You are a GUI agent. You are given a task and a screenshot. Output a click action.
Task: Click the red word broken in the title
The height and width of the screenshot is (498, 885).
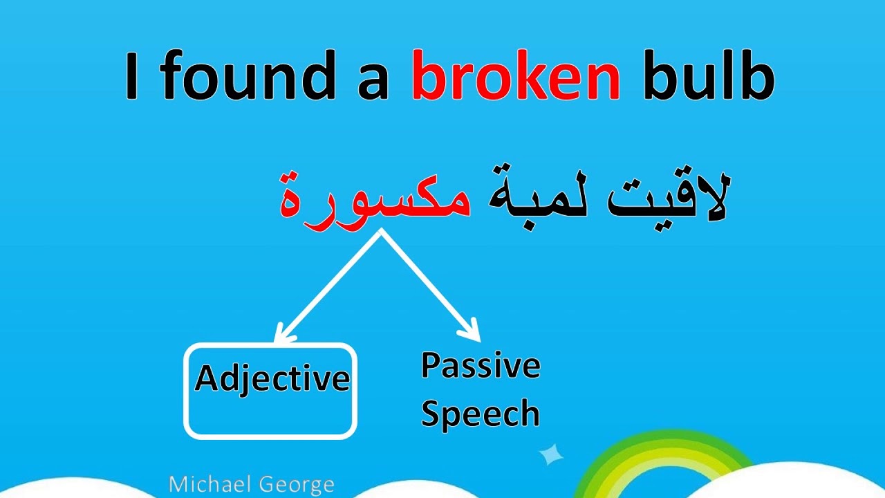[x=516, y=78]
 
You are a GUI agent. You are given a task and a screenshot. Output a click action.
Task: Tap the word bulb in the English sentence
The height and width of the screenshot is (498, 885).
[x=709, y=78]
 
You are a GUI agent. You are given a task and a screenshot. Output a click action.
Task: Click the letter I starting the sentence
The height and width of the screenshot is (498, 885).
[x=132, y=78]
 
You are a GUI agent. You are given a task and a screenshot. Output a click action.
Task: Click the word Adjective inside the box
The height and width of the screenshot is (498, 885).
[x=272, y=379]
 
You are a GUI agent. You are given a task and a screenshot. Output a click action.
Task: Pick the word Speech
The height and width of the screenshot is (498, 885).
[x=481, y=414]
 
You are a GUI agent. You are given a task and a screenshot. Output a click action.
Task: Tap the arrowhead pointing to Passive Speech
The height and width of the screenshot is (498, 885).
[x=472, y=331]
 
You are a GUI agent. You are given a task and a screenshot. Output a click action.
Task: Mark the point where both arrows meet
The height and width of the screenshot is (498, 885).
[x=381, y=233]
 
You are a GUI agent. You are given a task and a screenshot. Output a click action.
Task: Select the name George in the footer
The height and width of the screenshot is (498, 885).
[x=301, y=484]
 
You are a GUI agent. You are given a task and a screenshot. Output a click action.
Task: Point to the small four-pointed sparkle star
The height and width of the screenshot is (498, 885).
[x=551, y=454]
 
